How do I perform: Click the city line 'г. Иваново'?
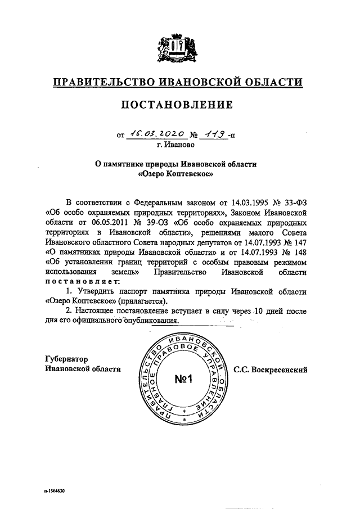coord(177,145)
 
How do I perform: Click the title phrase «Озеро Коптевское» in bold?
coord(177,174)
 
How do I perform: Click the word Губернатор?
coord(66,359)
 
